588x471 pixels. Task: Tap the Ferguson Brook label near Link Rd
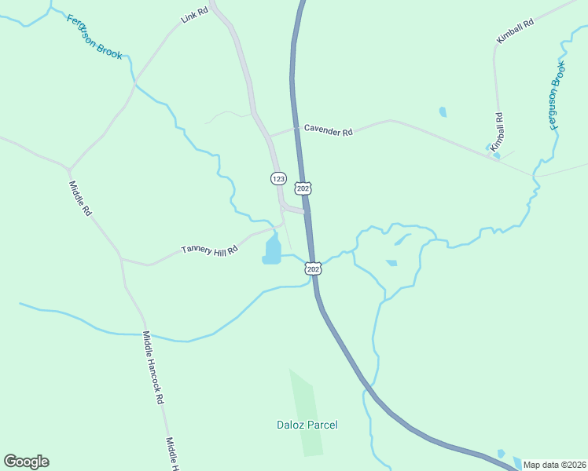[x=94, y=37]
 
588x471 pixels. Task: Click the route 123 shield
[x=278, y=179]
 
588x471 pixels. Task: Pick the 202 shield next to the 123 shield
[x=303, y=188]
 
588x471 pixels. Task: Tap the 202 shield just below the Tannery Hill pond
[x=313, y=268]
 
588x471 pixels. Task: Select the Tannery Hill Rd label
[x=209, y=250]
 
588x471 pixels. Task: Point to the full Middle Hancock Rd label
[x=153, y=367]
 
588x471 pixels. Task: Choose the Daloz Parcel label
[x=307, y=425]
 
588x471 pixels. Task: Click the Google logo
[x=26, y=462]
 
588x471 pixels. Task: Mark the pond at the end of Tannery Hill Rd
[x=272, y=250]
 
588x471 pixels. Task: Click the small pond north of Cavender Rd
[x=443, y=111]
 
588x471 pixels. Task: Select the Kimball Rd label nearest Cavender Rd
[x=497, y=132]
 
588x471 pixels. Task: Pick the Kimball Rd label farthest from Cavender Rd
[x=515, y=31]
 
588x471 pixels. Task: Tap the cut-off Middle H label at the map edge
[x=172, y=455]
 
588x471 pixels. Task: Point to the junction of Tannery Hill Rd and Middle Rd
[x=120, y=257]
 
